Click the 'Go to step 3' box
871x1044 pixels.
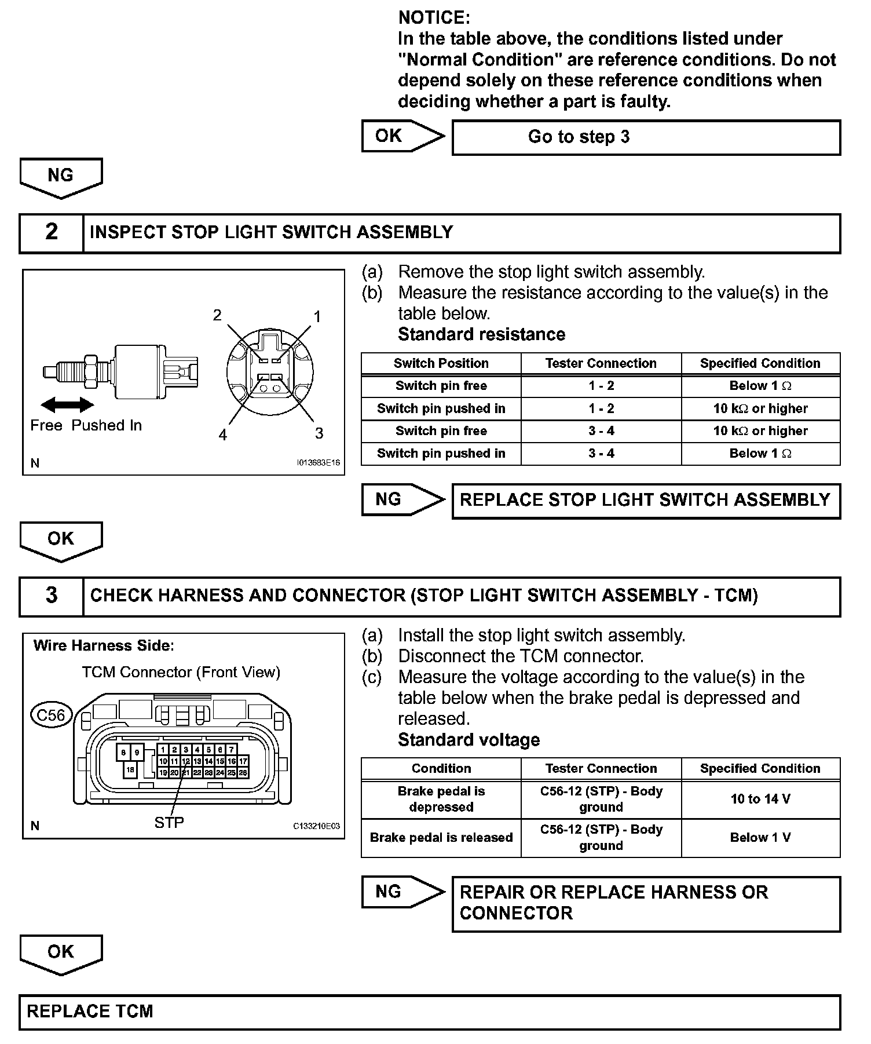646,137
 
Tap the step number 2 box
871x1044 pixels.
52,232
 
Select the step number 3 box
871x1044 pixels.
52,596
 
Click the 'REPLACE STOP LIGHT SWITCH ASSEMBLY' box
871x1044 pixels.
646,501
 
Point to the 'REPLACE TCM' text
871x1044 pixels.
90,1012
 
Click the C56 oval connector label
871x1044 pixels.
51,716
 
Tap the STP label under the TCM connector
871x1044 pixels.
169,822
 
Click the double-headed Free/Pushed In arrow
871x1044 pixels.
67,404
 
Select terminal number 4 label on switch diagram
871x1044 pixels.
223,435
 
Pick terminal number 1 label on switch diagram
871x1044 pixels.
317,316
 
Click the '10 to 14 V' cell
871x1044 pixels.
760,799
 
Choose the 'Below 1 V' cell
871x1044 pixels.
760,837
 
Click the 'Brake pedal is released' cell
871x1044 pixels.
441,837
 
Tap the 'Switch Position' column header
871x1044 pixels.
441,363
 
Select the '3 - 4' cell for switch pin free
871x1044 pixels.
601,431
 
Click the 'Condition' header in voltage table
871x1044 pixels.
441,768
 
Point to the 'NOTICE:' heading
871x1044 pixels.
434,18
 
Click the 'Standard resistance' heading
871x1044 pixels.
481,334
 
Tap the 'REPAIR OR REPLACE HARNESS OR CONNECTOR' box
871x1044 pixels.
646,903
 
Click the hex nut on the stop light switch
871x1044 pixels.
91,372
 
